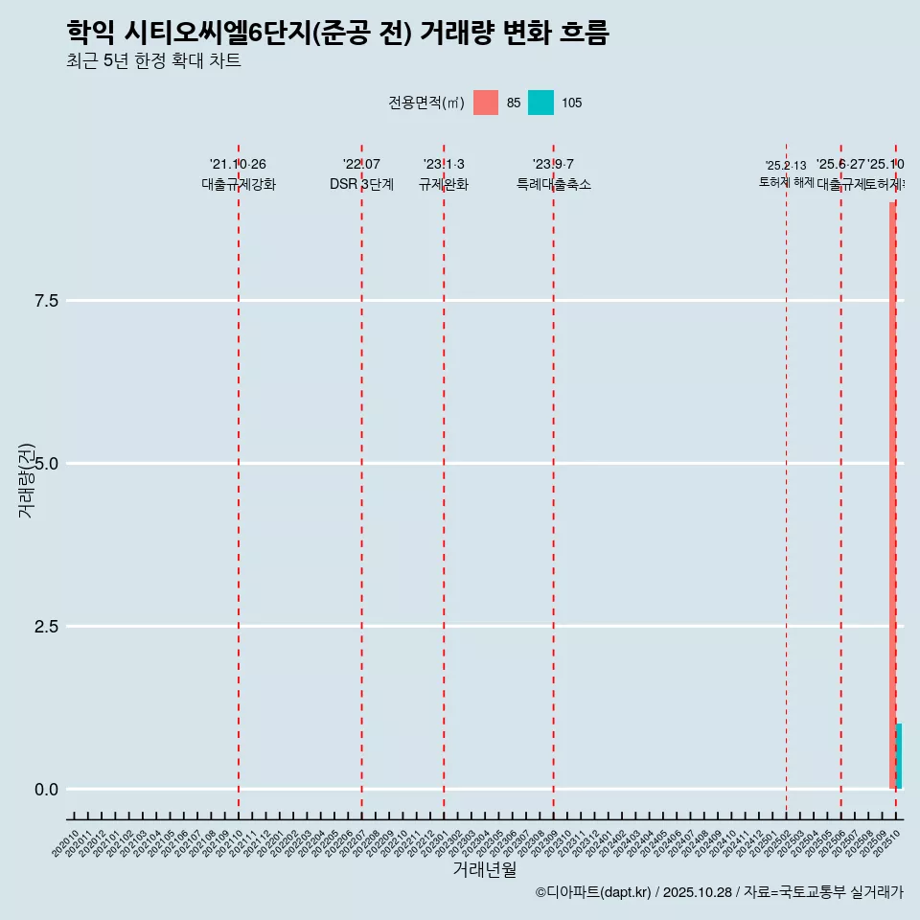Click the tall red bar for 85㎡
click(x=892, y=494)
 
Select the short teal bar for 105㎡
click(x=899, y=756)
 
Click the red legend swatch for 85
click(x=486, y=103)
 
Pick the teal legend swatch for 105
click(x=540, y=103)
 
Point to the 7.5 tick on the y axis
click(x=47, y=301)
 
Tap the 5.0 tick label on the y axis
click(x=47, y=464)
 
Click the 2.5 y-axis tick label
click(x=47, y=627)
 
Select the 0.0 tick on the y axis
click(x=47, y=790)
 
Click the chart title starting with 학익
click(x=337, y=33)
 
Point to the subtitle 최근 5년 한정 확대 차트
click(x=153, y=61)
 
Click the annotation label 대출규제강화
click(x=239, y=185)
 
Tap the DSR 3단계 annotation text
click(x=361, y=185)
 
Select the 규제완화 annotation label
click(x=444, y=185)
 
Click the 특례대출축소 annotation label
click(x=554, y=185)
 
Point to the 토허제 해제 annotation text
click(x=786, y=181)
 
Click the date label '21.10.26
click(x=238, y=164)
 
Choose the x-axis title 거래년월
click(x=484, y=870)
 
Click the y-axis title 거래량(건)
click(x=26, y=480)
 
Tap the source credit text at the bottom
click(x=719, y=892)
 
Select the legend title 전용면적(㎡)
click(x=426, y=103)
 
